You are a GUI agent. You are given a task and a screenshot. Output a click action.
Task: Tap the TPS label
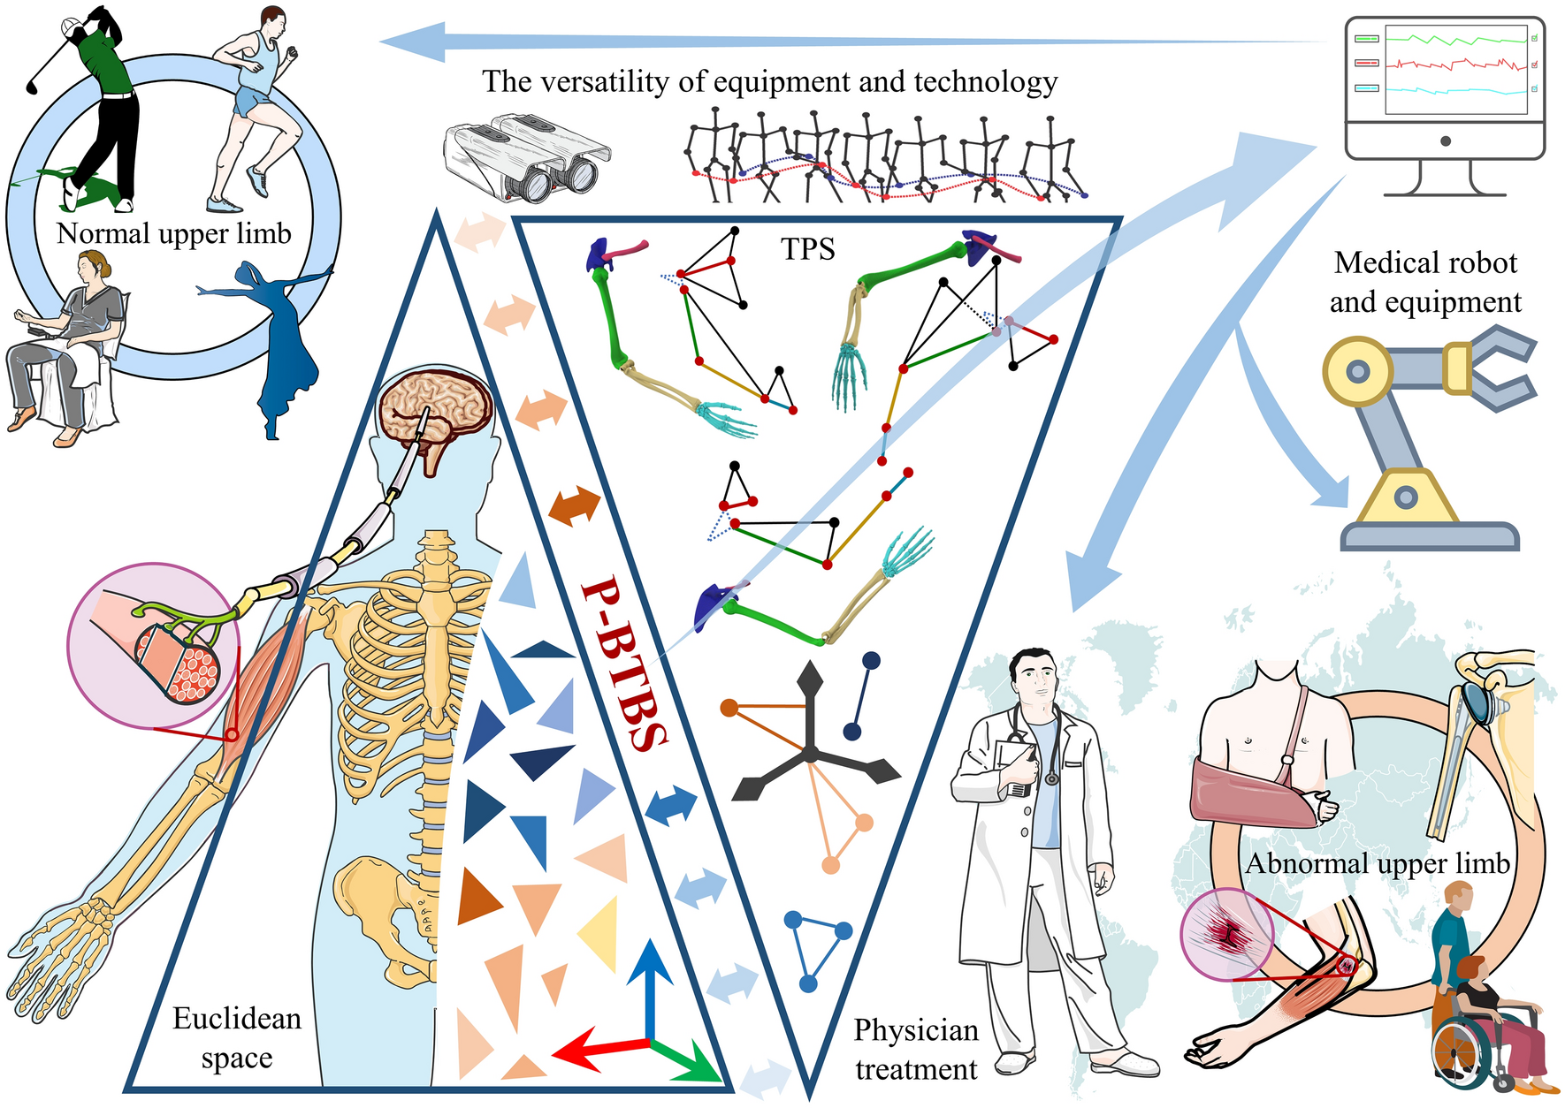point(807,249)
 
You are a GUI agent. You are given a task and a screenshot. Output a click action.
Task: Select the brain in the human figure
point(435,412)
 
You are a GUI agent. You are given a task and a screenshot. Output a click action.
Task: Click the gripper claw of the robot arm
point(1494,368)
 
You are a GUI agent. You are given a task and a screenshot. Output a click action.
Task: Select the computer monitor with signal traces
point(1445,88)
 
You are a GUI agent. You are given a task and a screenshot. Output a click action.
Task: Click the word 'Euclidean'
point(237,1019)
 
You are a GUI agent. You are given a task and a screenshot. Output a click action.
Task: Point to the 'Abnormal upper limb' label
point(1377,863)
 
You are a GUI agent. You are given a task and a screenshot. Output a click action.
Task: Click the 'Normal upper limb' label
point(174,233)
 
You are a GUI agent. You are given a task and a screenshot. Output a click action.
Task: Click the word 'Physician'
point(916,1030)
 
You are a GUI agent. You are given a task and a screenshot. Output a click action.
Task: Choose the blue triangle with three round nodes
point(817,950)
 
